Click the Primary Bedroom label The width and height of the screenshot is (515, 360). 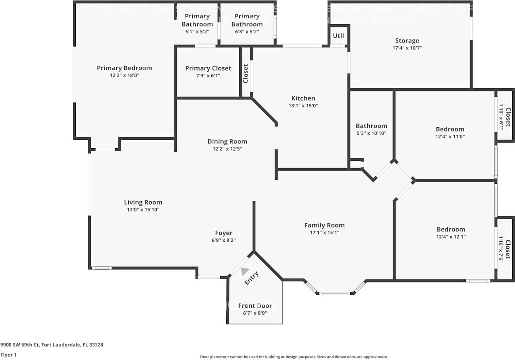tap(124, 68)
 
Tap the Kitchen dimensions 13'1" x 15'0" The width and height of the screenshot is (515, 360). tap(303, 106)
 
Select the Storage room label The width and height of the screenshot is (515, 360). tap(407, 40)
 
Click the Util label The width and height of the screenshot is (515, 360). tap(338, 36)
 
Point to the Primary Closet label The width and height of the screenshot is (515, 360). tap(208, 68)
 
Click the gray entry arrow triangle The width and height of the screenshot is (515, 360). tap(245, 271)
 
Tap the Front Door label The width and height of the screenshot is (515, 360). tap(255, 306)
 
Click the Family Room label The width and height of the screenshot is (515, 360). tap(324, 225)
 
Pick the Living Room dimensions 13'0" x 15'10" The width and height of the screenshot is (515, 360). tap(143, 210)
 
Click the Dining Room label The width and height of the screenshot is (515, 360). tap(227, 141)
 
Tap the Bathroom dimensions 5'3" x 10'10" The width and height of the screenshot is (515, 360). tap(371, 133)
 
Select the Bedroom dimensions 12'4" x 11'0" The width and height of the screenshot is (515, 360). tap(450, 137)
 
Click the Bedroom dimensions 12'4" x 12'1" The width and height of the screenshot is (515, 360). tap(450, 236)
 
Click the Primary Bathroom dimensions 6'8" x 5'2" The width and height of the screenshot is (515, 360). tap(247, 31)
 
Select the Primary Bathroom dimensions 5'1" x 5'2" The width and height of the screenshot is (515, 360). tap(197, 31)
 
